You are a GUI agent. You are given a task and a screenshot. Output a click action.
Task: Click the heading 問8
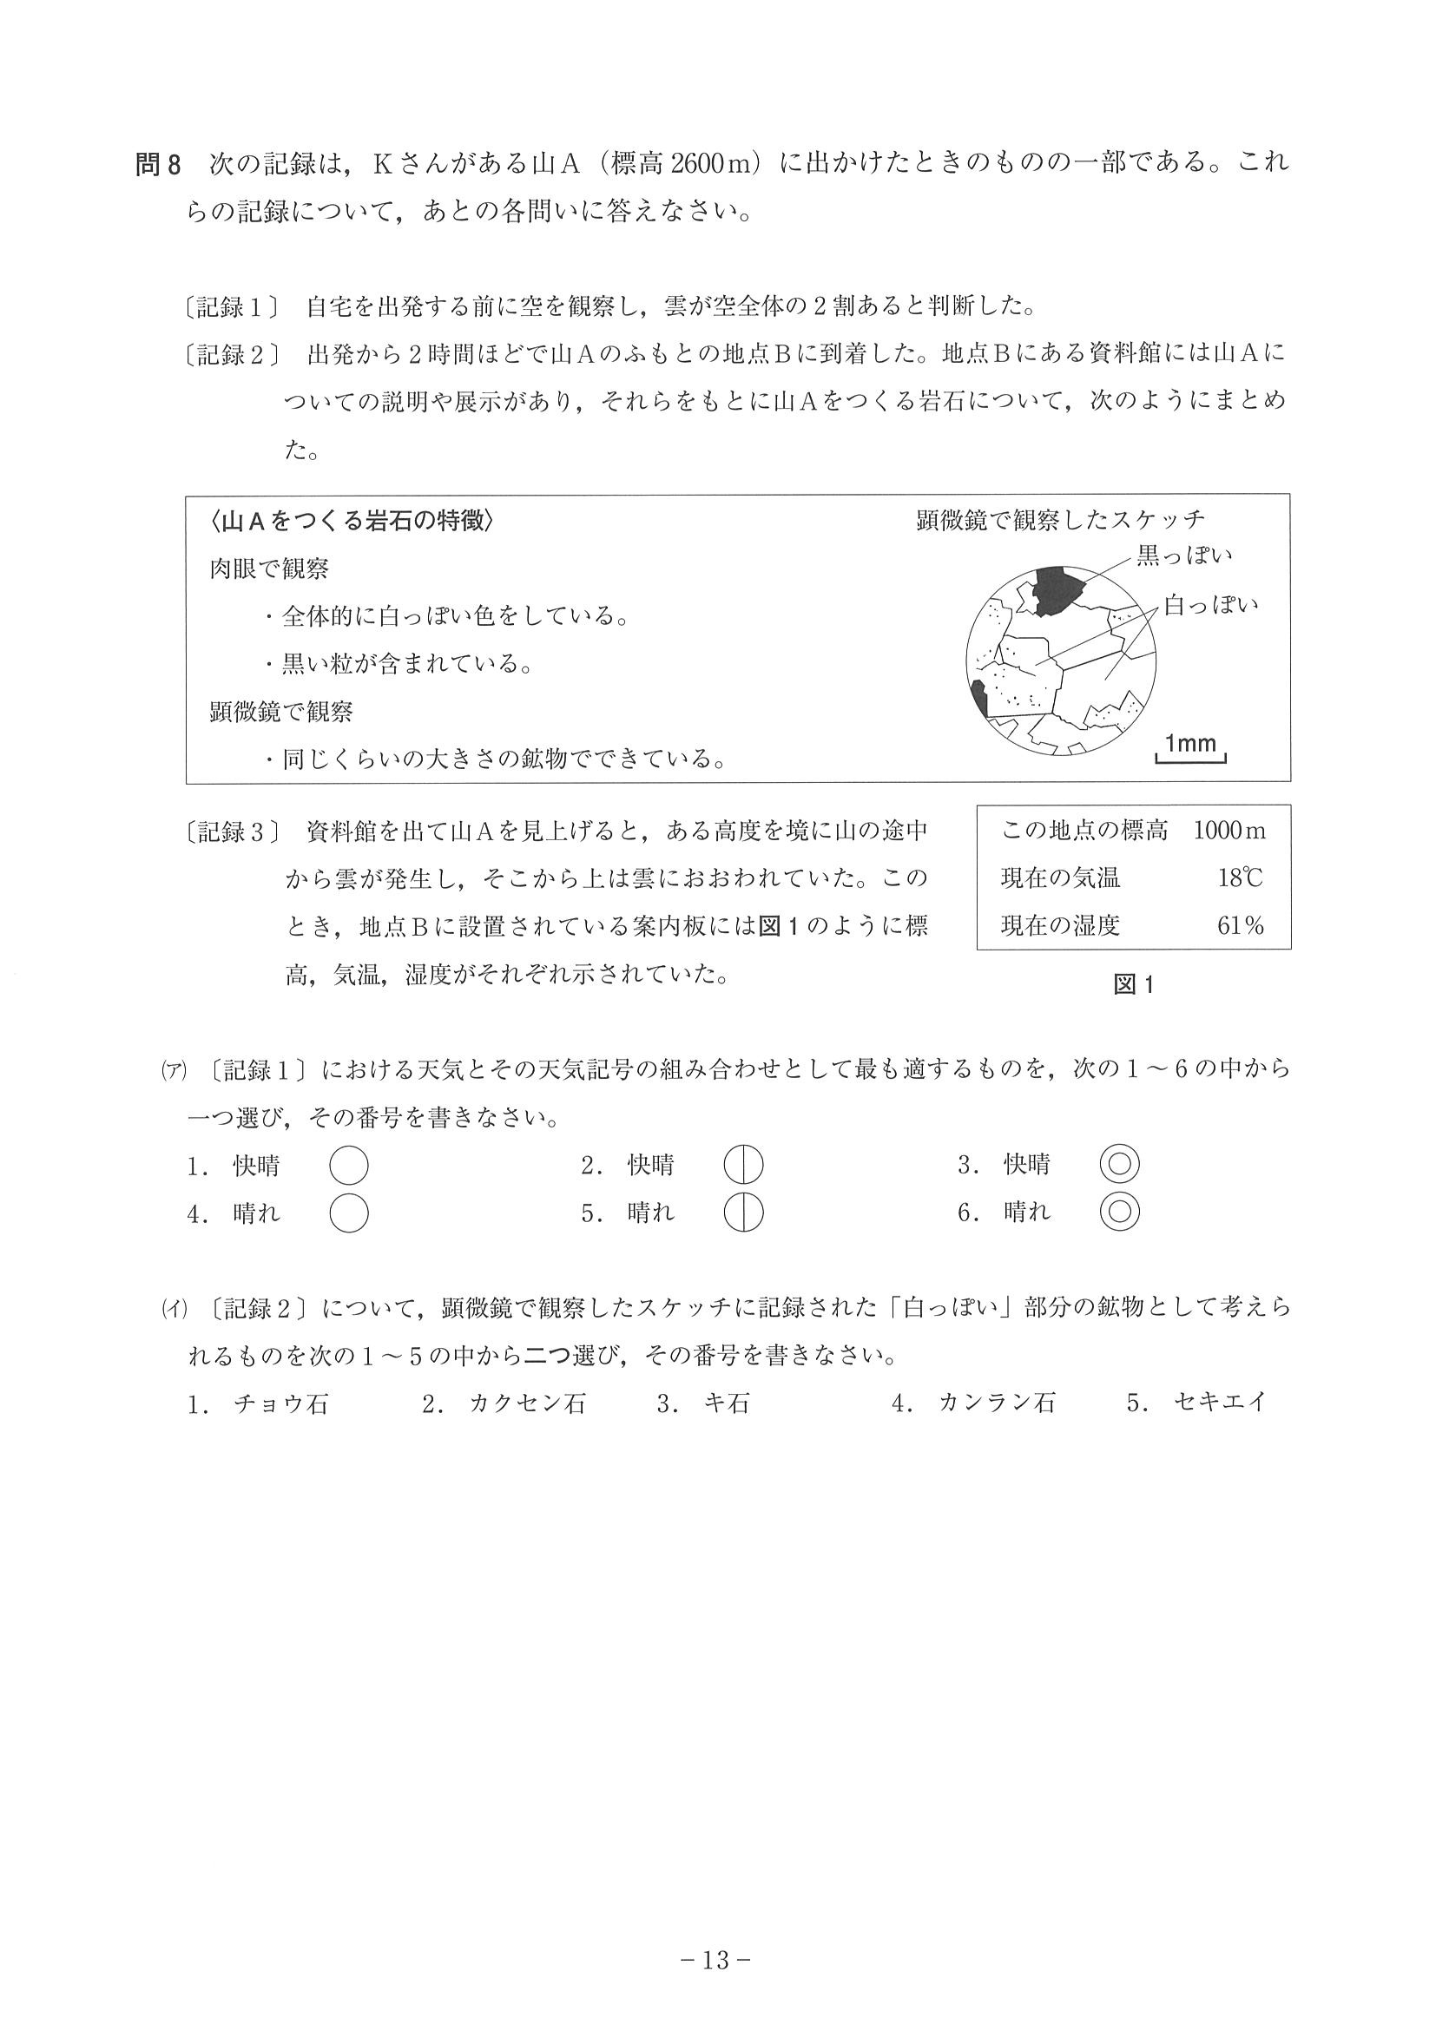coord(158,165)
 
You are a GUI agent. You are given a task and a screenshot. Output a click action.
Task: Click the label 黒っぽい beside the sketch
coord(1184,555)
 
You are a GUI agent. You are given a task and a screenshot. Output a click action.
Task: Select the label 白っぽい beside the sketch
coord(1210,605)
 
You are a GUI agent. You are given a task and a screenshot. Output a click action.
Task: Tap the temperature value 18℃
coord(1240,877)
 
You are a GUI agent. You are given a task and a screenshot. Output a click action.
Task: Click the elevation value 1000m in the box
coord(1229,830)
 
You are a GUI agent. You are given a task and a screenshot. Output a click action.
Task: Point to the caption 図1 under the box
coord(1133,984)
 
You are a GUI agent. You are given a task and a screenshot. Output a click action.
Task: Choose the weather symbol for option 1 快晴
coord(349,1165)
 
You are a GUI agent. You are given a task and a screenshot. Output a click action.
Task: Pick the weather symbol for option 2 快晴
coord(743,1165)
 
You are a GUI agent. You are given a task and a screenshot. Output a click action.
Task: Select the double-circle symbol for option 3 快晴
coord(1119,1165)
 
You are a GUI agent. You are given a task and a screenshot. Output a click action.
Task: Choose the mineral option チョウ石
coord(280,1403)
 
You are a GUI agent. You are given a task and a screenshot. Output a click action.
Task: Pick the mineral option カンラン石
coord(998,1403)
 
